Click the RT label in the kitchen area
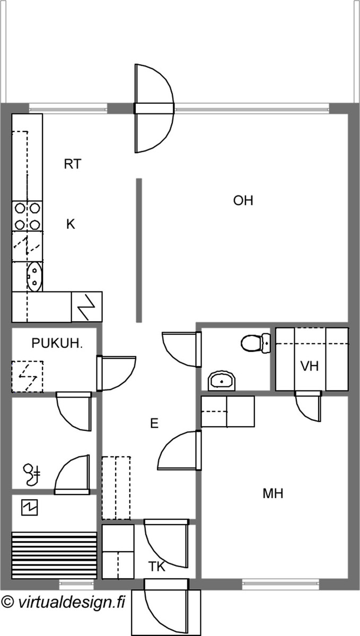click(73, 164)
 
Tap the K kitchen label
click(71, 224)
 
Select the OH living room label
click(243, 200)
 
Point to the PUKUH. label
click(57, 343)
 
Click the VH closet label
click(310, 366)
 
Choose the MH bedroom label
click(273, 493)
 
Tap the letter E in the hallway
click(154, 423)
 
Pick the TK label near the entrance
click(157, 567)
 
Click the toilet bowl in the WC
click(256, 343)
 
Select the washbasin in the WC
click(222, 381)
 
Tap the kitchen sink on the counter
click(34, 276)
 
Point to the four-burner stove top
click(27, 216)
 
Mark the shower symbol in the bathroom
click(31, 475)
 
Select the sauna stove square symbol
click(30, 508)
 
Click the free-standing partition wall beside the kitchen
click(139, 250)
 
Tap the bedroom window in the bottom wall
click(280, 584)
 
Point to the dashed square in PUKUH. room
click(27, 377)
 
